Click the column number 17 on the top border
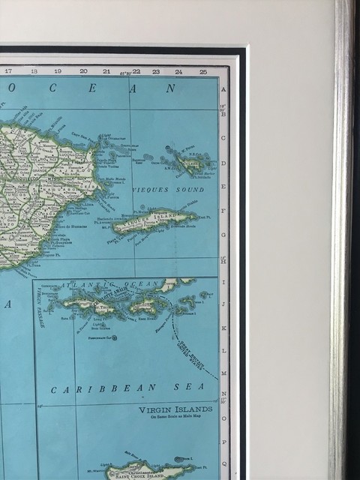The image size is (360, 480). pos(8,71)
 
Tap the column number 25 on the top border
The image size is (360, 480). pos(203,71)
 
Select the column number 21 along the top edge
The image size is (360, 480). pos(106,71)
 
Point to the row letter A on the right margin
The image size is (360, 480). pos(223,89)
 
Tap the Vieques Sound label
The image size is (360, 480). pos(160,191)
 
